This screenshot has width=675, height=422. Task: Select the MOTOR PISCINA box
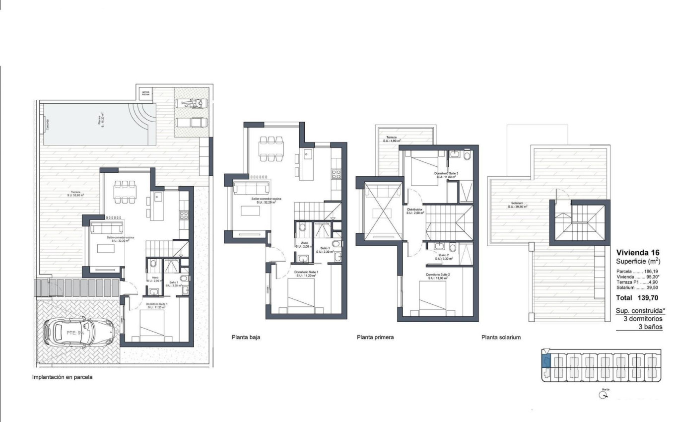point(145,93)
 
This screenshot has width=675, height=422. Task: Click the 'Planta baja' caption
point(246,337)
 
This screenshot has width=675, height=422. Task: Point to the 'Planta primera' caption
point(375,337)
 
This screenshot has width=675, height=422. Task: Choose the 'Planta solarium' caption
point(501,337)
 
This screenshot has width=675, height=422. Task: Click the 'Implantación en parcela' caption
point(62,377)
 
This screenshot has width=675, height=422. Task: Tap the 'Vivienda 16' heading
point(636,252)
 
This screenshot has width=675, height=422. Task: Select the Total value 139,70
point(647,298)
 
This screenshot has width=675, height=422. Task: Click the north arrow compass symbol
point(604,395)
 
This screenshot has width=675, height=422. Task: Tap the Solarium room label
point(518,205)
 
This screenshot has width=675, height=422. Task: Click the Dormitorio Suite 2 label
point(437,276)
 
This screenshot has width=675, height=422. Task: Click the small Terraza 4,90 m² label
point(392,140)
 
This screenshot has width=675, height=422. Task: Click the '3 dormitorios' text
point(643,319)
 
